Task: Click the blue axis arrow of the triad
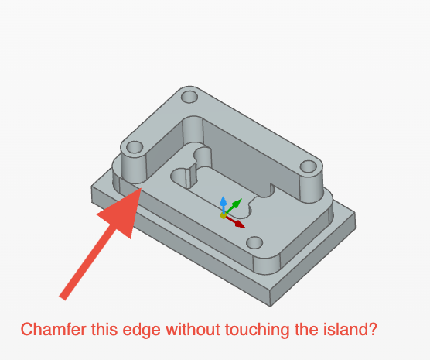pos(224,204)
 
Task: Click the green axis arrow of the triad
pos(233,206)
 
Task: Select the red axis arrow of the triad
pos(235,222)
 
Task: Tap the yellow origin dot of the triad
pos(224,215)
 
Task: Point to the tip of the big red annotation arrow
pos(142,188)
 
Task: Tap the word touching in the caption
pos(258,331)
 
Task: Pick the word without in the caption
pos(193,329)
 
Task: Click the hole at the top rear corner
pos(189,96)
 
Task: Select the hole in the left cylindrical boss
pos(135,147)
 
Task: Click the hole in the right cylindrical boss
pos(309,166)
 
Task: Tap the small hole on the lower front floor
pos(254,242)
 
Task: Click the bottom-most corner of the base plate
pos(270,307)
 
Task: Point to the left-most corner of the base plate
pos(91,187)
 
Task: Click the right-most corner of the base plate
pos(356,213)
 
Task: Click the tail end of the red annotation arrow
pos(63,299)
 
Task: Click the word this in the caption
pos(104,329)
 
